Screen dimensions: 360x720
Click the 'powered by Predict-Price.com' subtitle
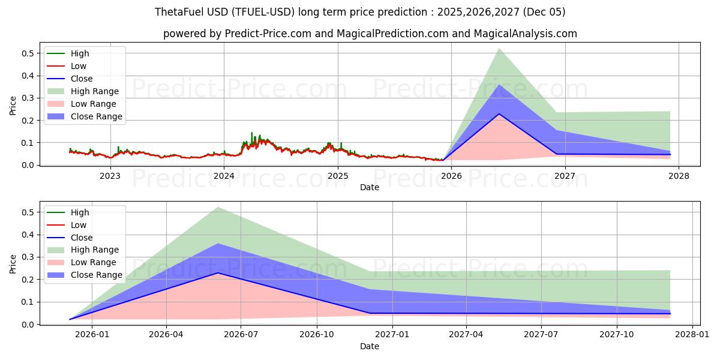click(x=370, y=34)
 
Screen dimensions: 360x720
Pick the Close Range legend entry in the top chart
click(x=96, y=116)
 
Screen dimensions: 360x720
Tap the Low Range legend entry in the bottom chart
click(x=94, y=262)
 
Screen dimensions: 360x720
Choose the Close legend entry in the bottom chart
click(x=82, y=237)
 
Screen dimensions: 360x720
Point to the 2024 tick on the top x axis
click(x=224, y=176)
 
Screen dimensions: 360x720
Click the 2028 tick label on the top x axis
click(x=679, y=176)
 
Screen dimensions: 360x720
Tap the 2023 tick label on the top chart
click(x=110, y=176)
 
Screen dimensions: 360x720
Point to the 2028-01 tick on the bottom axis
click(x=692, y=335)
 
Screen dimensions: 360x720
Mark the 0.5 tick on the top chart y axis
click(x=28, y=53)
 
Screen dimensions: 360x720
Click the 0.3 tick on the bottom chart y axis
click(x=28, y=257)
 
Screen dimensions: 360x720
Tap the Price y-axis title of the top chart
click(x=13, y=106)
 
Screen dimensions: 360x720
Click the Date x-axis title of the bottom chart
click(x=370, y=346)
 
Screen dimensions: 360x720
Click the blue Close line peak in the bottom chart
click(x=217, y=273)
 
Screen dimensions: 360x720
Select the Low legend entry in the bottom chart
click(x=79, y=225)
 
